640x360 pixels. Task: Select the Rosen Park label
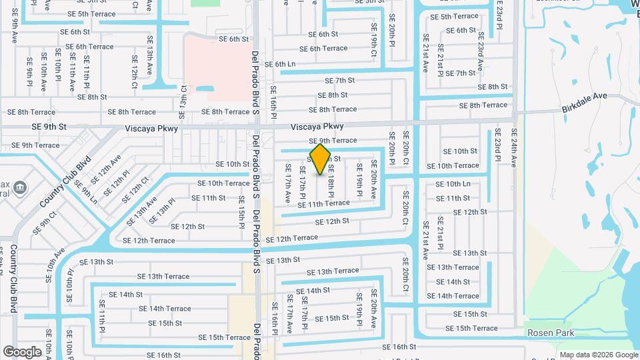tap(551, 332)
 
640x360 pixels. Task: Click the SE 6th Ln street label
tap(280, 65)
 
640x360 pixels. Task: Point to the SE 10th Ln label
tap(453, 183)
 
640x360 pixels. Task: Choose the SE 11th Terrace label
tap(323, 203)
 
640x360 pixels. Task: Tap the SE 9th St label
tap(49, 126)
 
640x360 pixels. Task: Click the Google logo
tap(22, 352)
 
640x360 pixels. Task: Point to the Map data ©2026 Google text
tap(599, 355)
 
